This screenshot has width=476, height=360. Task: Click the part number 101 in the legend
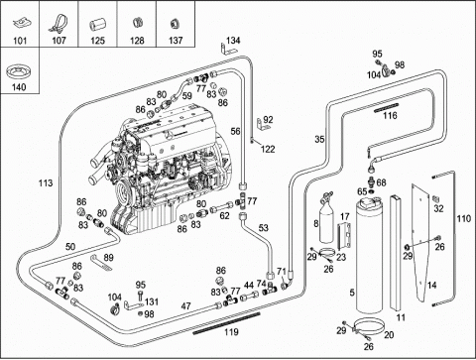[20, 41]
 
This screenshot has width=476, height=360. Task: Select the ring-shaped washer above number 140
[19, 70]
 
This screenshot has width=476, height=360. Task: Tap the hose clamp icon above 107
[59, 23]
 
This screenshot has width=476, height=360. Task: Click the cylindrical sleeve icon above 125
[97, 26]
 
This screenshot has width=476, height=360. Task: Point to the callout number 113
[46, 182]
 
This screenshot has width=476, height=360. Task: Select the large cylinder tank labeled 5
[369, 255]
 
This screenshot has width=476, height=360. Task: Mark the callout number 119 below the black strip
[231, 331]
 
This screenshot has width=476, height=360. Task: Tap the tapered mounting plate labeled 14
[422, 241]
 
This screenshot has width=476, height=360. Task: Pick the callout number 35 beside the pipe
[319, 139]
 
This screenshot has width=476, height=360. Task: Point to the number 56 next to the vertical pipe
[235, 132]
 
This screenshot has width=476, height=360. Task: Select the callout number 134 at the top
[233, 41]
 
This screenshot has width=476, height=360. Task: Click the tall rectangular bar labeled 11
[396, 253]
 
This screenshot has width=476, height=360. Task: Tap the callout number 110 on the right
[463, 218]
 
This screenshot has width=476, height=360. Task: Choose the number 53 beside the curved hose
[264, 228]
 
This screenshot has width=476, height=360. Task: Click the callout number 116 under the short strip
[390, 116]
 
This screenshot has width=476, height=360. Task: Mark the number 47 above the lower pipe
[186, 306]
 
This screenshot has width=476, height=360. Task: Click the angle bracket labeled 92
[262, 125]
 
